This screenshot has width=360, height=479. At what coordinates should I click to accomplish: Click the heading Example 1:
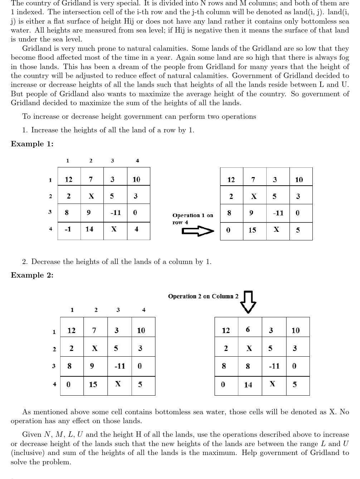coord(32,144)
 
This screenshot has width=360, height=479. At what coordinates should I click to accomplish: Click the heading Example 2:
coord(32,275)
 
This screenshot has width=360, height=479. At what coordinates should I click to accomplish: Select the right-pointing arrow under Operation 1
coord(198,231)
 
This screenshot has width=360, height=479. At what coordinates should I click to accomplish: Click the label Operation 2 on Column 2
coord(203,296)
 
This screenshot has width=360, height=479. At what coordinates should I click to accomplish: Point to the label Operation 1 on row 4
coord(193,219)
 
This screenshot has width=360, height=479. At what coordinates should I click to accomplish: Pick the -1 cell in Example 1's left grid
coord(68,229)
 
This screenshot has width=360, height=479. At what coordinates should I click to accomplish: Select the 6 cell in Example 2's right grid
coord(248,329)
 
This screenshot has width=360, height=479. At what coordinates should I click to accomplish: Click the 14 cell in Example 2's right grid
coord(248,385)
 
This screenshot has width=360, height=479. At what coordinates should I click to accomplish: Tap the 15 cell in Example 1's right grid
coord(252,230)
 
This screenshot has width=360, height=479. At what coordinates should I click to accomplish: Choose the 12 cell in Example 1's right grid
coord(231,180)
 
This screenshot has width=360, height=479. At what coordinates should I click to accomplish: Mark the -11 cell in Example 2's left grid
coord(120,366)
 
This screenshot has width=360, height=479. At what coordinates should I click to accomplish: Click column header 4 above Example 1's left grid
coord(137,161)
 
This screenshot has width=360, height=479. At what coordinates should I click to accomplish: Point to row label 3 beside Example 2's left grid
coord(54,366)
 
